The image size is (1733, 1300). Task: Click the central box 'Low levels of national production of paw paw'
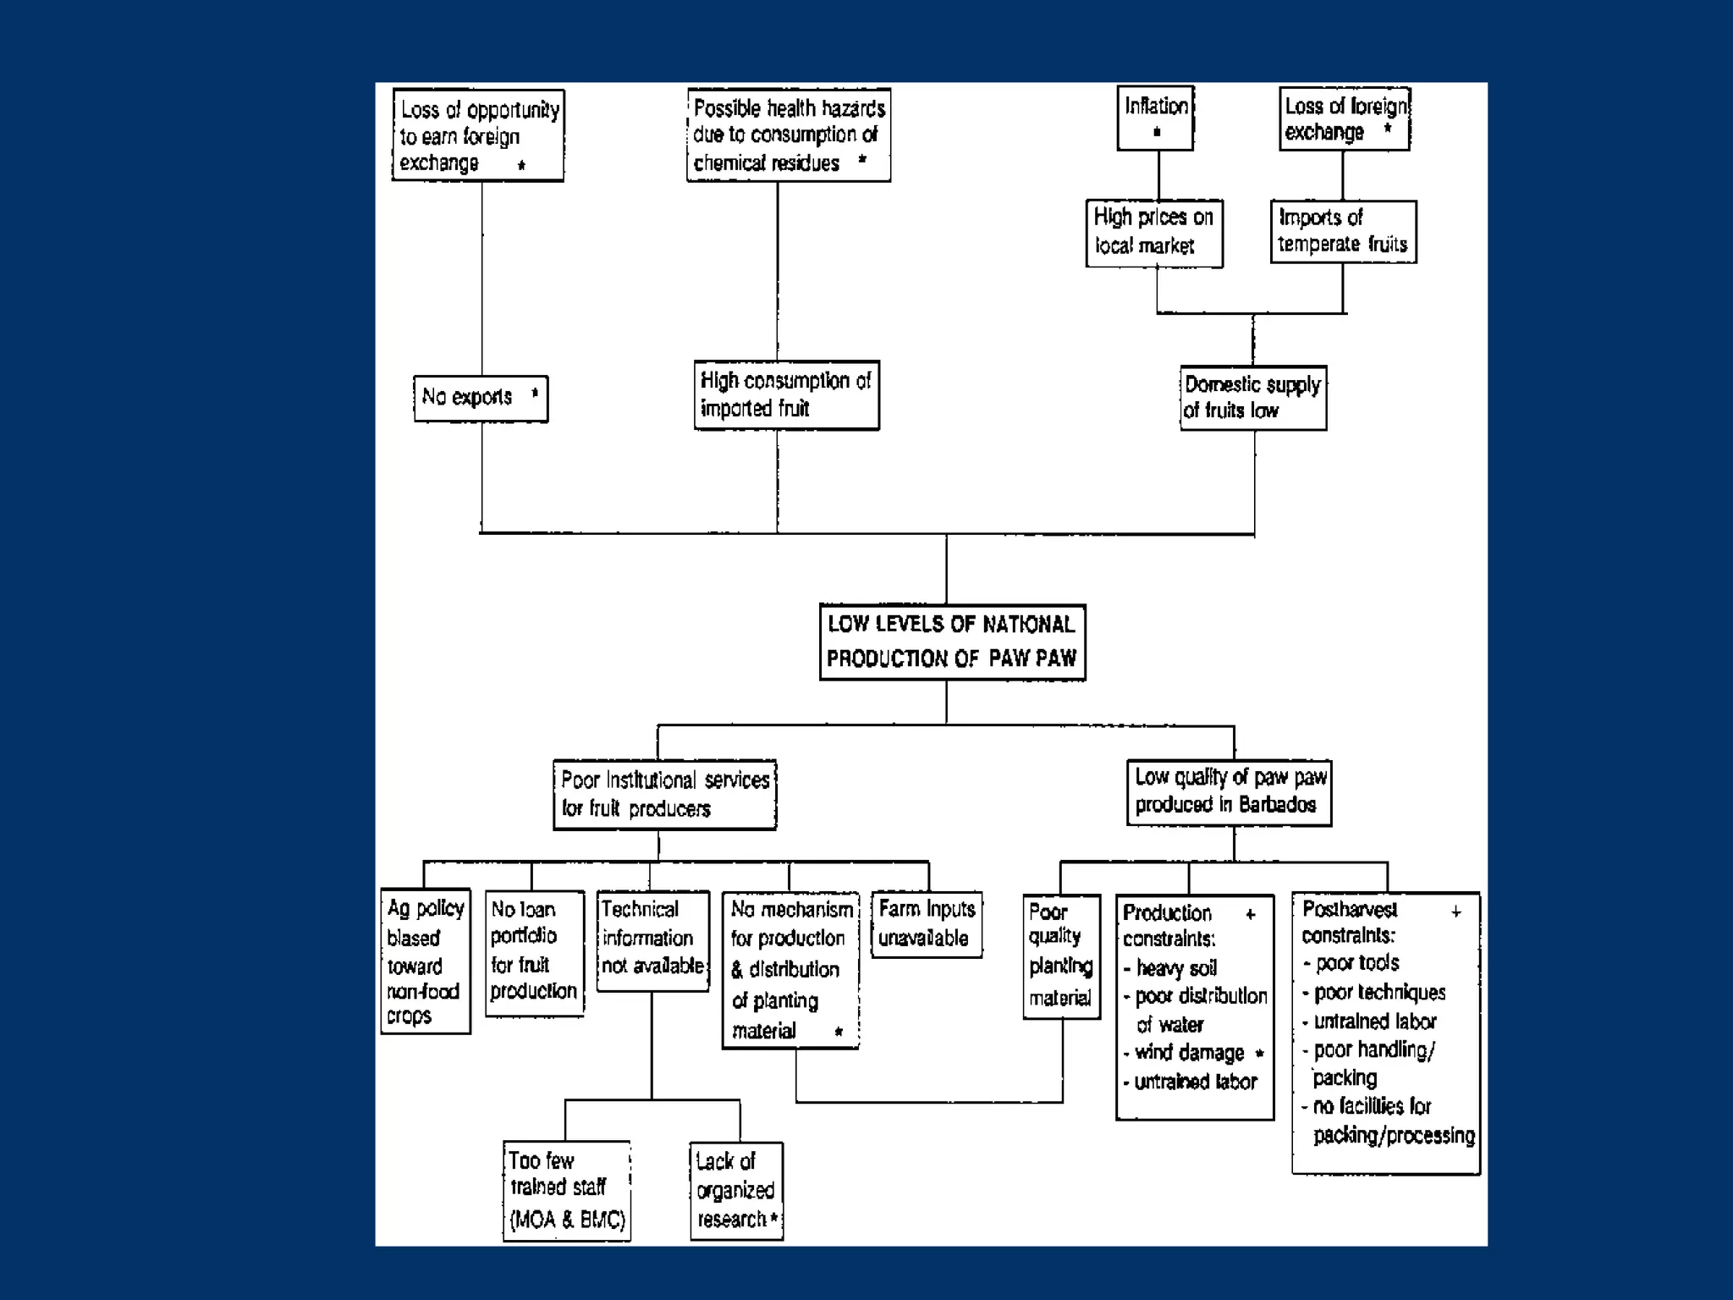click(x=952, y=642)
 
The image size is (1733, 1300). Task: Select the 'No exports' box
click(x=481, y=398)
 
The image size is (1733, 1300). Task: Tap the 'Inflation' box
click(x=1155, y=118)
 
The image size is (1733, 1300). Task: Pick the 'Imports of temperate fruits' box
click(x=1343, y=231)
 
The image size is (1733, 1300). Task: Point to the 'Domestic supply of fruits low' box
click(x=1253, y=398)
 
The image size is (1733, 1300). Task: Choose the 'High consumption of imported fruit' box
click(x=786, y=395)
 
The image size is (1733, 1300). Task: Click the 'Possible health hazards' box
click(x=789, y=135)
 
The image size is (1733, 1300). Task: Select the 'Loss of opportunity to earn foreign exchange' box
click(x=478, y=135)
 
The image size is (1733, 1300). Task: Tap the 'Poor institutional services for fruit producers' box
click(x=665, y=795)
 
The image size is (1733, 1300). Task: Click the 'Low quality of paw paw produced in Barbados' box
click(x=1229, y=791)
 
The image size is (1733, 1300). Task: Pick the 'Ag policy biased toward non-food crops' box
click(x=425, y=961)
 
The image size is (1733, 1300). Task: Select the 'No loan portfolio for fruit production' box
click(x=534, y=951)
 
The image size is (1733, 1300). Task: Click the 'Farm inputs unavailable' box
click(x=927, y=924)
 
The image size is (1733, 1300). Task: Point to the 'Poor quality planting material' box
click(x=1061, y=956)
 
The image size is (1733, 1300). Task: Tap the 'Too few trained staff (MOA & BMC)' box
click(x=567, y=1190)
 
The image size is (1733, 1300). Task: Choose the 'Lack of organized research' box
click(x=736, y=1190)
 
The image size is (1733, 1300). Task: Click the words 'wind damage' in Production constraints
click(x=1189, y=1053)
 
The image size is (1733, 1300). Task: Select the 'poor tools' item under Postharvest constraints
click(x=1357, y=963)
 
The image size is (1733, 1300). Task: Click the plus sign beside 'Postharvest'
click(x=1456, y=912)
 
